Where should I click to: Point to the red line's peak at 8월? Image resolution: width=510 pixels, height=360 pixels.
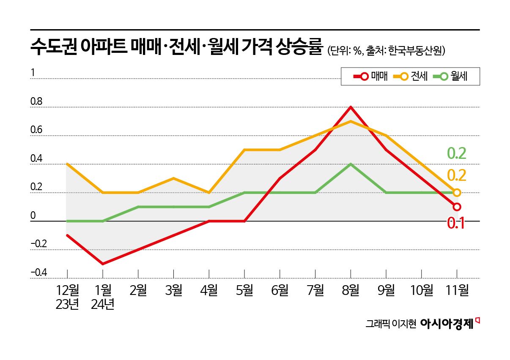[350, 107]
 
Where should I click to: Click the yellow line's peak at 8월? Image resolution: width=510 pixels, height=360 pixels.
[350, 121]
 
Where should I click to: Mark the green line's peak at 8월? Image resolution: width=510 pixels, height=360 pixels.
[350, 164]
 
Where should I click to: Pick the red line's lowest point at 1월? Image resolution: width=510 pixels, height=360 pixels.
[103, 264]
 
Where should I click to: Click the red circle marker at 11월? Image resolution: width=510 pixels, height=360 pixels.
[457, 207]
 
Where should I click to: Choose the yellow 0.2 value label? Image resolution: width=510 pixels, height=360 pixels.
[456, 175]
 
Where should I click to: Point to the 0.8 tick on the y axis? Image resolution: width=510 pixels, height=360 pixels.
[36, 101]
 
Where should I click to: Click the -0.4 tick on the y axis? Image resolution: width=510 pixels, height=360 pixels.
[38, 273]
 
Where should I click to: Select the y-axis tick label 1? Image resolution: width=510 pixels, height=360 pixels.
[32, 73]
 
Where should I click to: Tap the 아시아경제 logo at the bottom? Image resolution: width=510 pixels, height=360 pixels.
[447, 324]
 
